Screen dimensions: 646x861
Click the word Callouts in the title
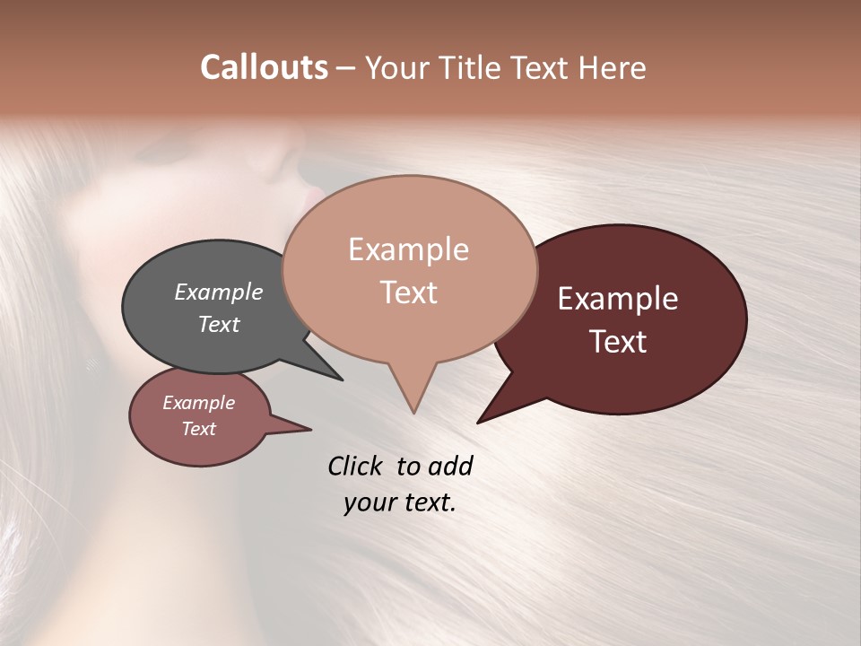coord(264,67)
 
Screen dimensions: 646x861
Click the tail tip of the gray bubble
coord(341,380)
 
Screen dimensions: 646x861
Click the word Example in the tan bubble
coord(408,249)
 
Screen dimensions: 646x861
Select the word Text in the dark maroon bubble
coord(618,342)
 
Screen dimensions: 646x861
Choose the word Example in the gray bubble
coord(218,292)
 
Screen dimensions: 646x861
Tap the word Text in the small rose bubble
coord(198,429)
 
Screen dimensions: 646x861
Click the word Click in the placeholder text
coord(356,466)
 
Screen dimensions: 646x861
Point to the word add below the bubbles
coord(449,466)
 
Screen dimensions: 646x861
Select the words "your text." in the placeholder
coord(399,502)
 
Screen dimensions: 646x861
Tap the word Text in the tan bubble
coord(409,292)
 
